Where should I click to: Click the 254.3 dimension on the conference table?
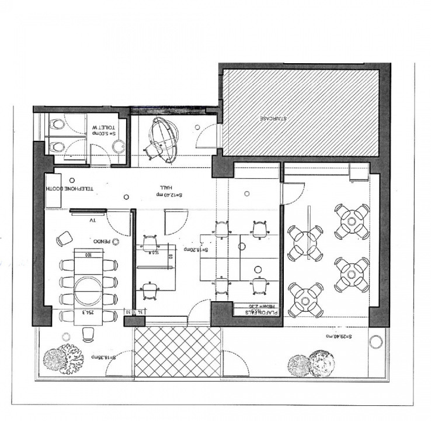click(x=89, y=312)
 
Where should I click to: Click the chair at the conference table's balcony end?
click(x=89, y=332)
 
